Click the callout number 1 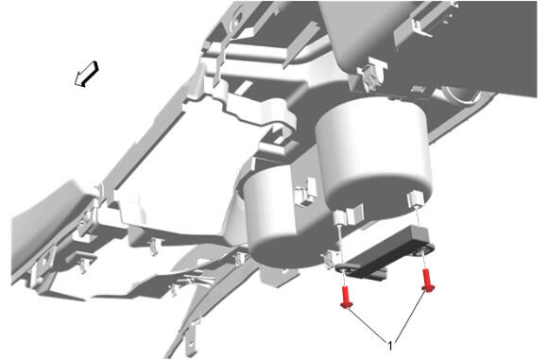390,346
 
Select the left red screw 346,298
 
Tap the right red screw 427,281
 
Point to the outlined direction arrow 87,74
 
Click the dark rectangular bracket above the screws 385,252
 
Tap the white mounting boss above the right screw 416,198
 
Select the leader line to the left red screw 367,324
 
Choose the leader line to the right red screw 410,315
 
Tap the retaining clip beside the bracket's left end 330,260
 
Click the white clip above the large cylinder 371,75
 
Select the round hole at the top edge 238,17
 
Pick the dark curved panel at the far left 49,224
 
